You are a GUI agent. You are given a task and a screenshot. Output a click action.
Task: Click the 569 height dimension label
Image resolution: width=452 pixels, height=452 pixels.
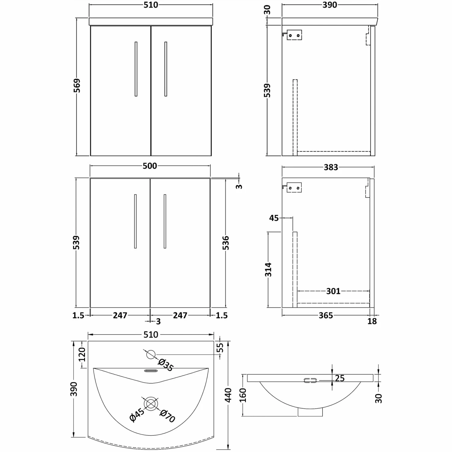click(77, 87)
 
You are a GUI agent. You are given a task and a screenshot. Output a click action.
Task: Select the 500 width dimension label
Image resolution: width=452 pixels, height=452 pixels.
click(150, 166)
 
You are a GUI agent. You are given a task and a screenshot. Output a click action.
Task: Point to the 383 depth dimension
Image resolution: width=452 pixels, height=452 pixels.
click(331, 167)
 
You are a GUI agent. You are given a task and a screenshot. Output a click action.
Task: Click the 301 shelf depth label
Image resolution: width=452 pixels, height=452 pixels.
click(333, 291)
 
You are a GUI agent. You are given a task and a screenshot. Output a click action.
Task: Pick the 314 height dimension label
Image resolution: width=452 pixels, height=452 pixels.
click(268, 270)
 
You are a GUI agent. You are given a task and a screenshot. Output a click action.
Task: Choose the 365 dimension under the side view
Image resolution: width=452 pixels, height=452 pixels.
click(326, 315)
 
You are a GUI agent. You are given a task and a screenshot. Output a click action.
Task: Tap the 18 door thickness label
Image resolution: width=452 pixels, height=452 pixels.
click(372, 321)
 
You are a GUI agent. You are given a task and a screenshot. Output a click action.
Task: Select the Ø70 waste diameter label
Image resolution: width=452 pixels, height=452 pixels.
click(168, 416)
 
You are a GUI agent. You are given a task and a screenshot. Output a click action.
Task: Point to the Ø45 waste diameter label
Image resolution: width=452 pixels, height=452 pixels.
click(137, 415)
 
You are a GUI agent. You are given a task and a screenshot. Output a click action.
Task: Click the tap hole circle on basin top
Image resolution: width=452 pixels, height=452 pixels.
click(151, 354)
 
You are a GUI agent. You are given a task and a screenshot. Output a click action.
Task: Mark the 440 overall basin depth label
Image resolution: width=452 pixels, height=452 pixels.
click(228, 395)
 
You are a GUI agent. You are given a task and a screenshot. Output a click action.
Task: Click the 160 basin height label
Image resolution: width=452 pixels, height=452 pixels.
click(243, 395)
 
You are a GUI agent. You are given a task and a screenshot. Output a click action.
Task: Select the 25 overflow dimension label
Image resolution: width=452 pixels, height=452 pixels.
click(340, 378)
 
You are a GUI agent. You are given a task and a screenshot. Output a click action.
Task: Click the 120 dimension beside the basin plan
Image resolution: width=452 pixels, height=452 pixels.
click(82, 354)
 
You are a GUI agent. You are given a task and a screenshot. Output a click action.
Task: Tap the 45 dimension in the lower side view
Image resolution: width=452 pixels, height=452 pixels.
click(274, 218)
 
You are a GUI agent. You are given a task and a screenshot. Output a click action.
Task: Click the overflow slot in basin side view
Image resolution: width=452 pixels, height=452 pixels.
click(310, 381)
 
